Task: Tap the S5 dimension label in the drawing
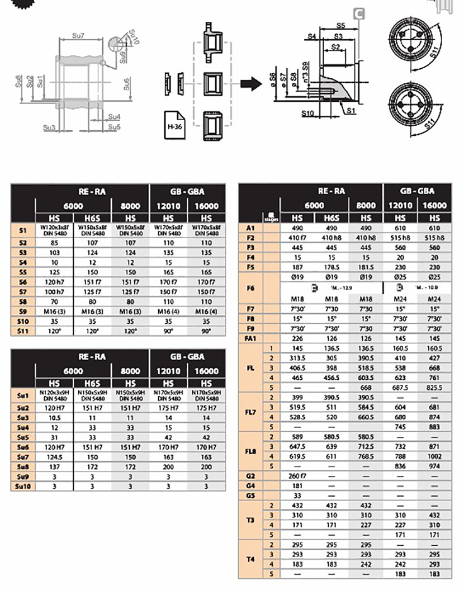tap(342, 26)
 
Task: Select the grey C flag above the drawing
tap(359, 13)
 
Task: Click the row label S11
tap(22, 331)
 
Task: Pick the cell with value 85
tap(54, 243)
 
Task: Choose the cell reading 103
tap(54, 253)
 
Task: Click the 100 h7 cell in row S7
tap(54, 292)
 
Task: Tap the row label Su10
tap(22, 487)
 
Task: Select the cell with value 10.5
tap(54, 417)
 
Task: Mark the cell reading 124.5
tap(54, 457)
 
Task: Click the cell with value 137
tap(54, 466)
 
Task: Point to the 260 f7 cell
tap(297, 475)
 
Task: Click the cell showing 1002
tap(434, 456)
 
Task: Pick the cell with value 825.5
tap(434, 387)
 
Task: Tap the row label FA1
tap(250, 338)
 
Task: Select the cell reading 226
tap(297, 338)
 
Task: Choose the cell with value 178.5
tap(332, 267)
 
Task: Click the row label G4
tap(250, 485)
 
